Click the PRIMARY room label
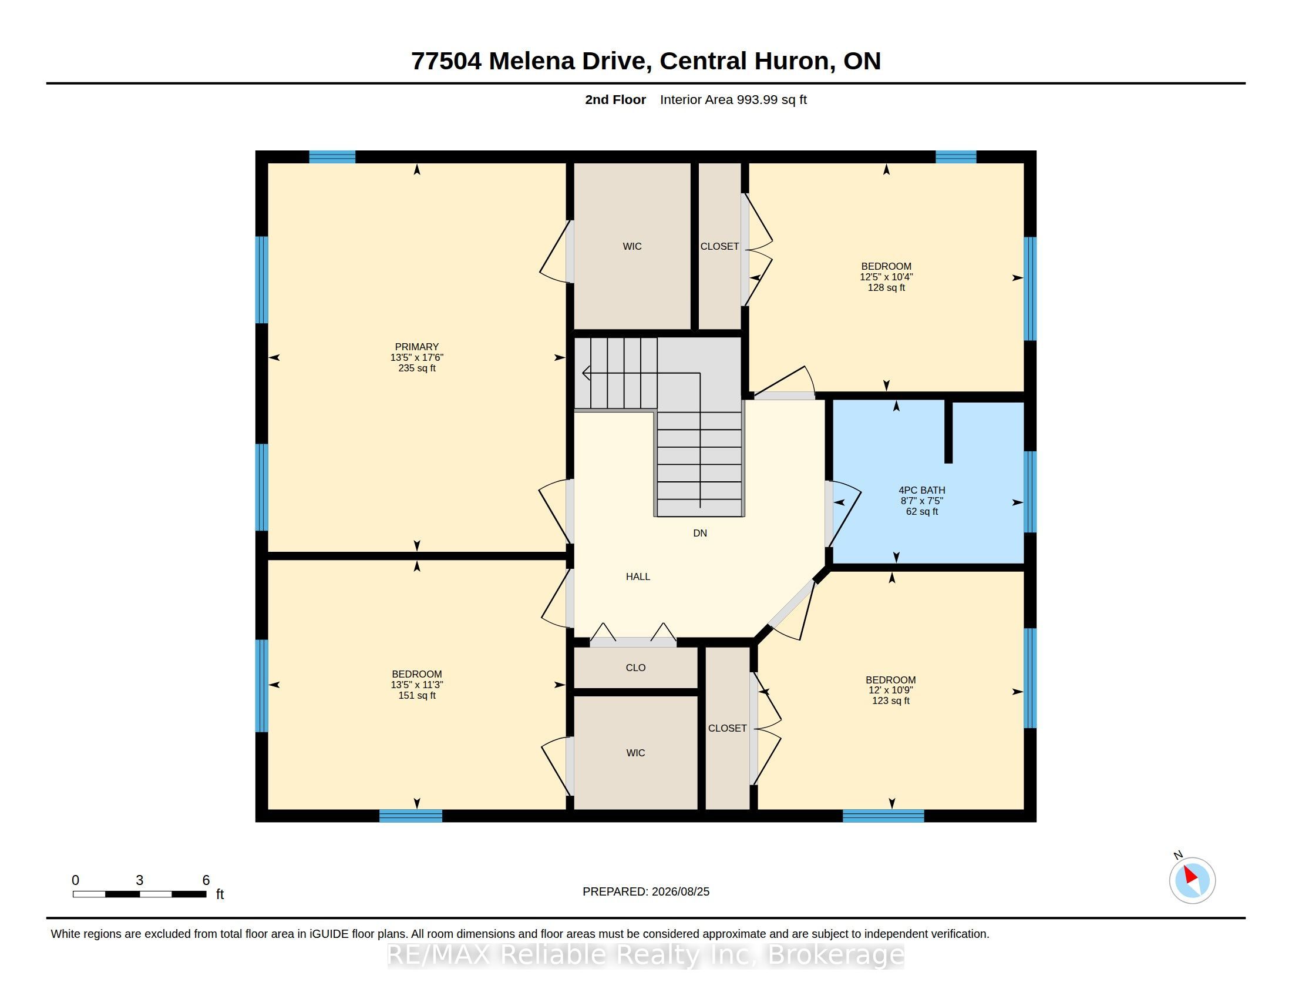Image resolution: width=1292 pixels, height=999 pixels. [416, 347]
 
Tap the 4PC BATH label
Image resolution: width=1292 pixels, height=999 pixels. [921, 490]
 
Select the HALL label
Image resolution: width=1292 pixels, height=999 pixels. [638, 576]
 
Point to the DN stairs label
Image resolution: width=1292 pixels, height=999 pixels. [700, 533]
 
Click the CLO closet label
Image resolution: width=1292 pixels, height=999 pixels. [635, 668]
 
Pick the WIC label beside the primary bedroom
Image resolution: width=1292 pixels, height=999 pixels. [632, 246]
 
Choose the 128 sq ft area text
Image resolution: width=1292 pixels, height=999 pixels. [886, 287]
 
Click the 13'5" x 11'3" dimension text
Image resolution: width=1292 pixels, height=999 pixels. [416, 685]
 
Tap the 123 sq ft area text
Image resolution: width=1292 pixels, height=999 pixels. [890, 700]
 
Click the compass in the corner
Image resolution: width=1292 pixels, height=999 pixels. [1192, 880]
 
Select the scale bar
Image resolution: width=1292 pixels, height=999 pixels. [140, 894]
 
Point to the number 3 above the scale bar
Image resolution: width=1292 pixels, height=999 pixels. [140, 880]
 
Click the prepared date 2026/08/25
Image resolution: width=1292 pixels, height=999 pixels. [680, 891]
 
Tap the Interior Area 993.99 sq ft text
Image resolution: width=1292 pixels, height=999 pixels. [733, 99]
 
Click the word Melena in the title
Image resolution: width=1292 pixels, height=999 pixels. [531, 61]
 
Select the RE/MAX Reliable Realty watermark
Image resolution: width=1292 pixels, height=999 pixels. [646, 954]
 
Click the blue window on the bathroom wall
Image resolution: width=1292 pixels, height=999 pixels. [1030, 492]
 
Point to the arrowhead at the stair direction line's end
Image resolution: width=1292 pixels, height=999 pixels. [586, 373]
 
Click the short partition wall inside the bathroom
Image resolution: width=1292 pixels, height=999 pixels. [948, 431]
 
